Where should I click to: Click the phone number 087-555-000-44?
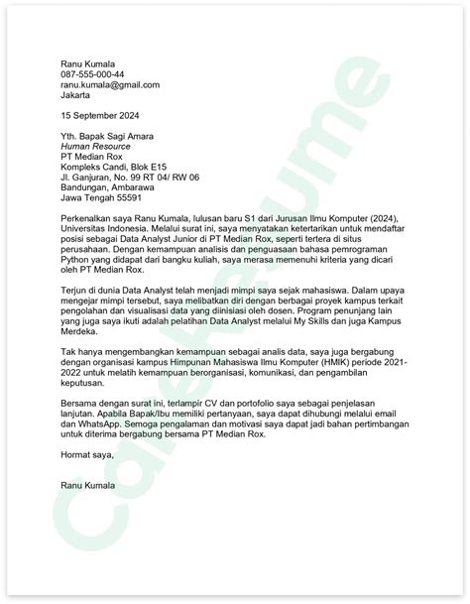[91, 74]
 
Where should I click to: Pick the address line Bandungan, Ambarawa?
[107, 189]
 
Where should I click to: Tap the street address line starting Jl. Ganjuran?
[130, 178]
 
